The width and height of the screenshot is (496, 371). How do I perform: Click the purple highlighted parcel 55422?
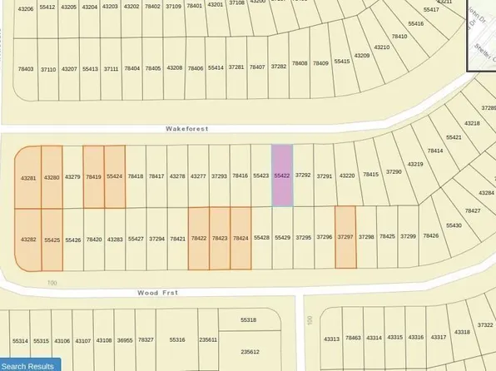coord(283,176)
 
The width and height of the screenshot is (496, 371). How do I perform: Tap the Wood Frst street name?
coord(158,293)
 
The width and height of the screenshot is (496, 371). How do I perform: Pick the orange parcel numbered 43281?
coord(28,177)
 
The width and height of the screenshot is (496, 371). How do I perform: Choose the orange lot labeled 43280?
coord(52,176)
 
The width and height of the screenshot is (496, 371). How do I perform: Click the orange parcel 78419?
coord(93,176)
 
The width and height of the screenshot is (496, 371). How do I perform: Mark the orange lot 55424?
coord(115,176)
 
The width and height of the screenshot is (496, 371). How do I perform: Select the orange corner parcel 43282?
coord(28,239)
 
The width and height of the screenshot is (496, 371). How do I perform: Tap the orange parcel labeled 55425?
coord(52,239)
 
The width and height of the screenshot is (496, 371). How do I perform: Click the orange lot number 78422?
coord(199,239)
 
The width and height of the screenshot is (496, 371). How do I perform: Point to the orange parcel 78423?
coord(220,239)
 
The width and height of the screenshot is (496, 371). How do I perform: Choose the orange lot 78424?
coord(241,239)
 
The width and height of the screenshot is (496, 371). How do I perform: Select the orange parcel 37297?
coord(345,237)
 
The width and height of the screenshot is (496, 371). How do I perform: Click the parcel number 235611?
coord(208,339)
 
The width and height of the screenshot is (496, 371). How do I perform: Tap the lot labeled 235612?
coord(250,352)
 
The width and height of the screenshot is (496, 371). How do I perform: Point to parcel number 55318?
coord(248,320)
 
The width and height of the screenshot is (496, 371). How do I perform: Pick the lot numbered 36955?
coord(125,339)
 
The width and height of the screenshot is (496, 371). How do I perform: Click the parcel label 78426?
coord(431,235)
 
